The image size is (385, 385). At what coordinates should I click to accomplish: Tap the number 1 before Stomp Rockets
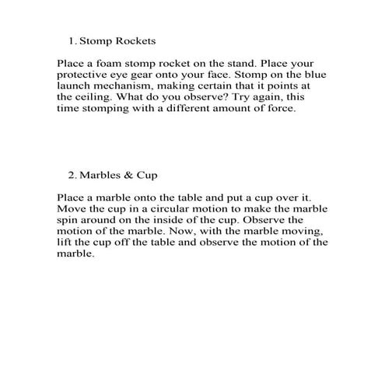pos(71,38)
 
